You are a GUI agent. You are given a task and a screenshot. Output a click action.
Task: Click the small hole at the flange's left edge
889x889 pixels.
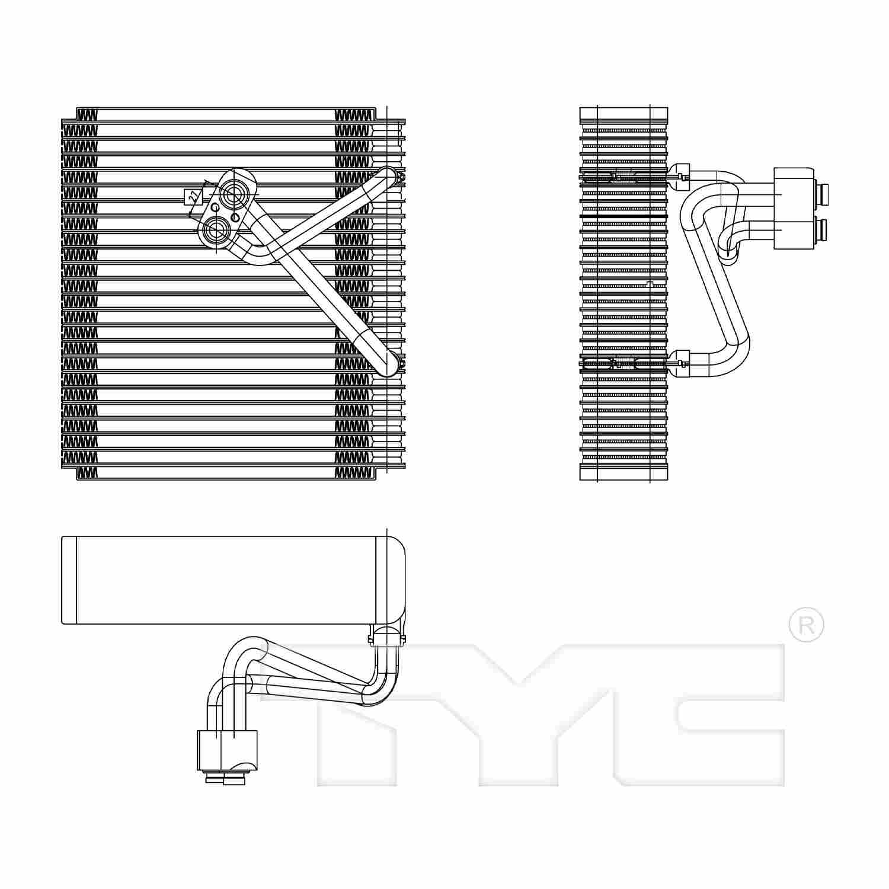pos(215,208)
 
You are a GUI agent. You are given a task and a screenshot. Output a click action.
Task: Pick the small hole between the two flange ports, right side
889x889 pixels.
pos(235,218)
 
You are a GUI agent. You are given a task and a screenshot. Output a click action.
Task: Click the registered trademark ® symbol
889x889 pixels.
pos(806,624)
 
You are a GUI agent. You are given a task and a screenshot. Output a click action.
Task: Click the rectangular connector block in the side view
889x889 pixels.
pos(793,208)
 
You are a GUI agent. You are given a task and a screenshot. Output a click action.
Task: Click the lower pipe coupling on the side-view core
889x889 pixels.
pos(680,363)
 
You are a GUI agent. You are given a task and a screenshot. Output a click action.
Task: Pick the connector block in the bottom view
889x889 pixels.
pos(227,750)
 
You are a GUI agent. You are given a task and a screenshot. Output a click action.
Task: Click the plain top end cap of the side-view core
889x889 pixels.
pos(623,115)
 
